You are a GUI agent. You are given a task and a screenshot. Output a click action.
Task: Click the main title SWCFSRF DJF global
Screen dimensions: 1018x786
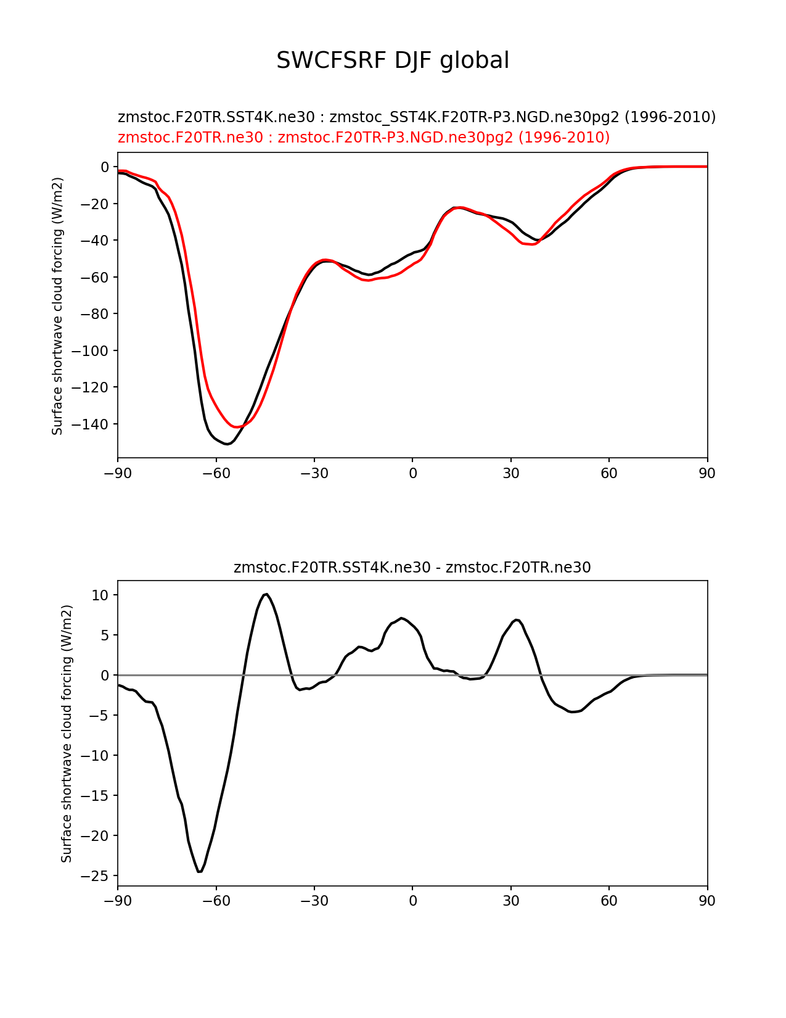point(393,60)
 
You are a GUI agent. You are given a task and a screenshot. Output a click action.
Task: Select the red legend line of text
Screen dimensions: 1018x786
point(364,137)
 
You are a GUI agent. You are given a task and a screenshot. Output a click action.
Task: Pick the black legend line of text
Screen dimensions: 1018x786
point(417,117)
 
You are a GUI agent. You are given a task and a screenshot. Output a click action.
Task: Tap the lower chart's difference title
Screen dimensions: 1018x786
point(412,568)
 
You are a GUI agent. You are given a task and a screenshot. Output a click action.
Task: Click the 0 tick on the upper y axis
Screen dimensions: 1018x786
point(105,167)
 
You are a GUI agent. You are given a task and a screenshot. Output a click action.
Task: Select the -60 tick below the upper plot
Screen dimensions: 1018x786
point(216,473)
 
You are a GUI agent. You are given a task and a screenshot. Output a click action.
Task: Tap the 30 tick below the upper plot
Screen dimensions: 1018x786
point(510,473)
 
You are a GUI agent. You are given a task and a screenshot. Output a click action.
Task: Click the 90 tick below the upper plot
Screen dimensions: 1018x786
point(707,473)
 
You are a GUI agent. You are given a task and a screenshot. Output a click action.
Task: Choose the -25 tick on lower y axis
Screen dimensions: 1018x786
point(96,876)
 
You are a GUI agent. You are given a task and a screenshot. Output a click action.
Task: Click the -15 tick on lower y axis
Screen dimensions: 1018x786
point(96,796)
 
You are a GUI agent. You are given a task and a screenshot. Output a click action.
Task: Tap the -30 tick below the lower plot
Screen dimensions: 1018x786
point(314,901)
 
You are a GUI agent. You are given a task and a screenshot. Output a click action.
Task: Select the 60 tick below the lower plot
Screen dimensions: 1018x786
point(608,901)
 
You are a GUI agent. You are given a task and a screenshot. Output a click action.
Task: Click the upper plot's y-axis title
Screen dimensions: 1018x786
point(57,306)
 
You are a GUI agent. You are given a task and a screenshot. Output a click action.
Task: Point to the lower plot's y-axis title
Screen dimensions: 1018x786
point(67,734)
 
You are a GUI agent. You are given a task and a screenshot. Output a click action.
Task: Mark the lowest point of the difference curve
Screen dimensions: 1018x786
point(199,872)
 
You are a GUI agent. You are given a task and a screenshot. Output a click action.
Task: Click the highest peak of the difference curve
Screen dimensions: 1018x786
point(266,594)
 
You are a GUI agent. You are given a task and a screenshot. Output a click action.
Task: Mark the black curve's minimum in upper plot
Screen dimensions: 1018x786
point(227,444)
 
